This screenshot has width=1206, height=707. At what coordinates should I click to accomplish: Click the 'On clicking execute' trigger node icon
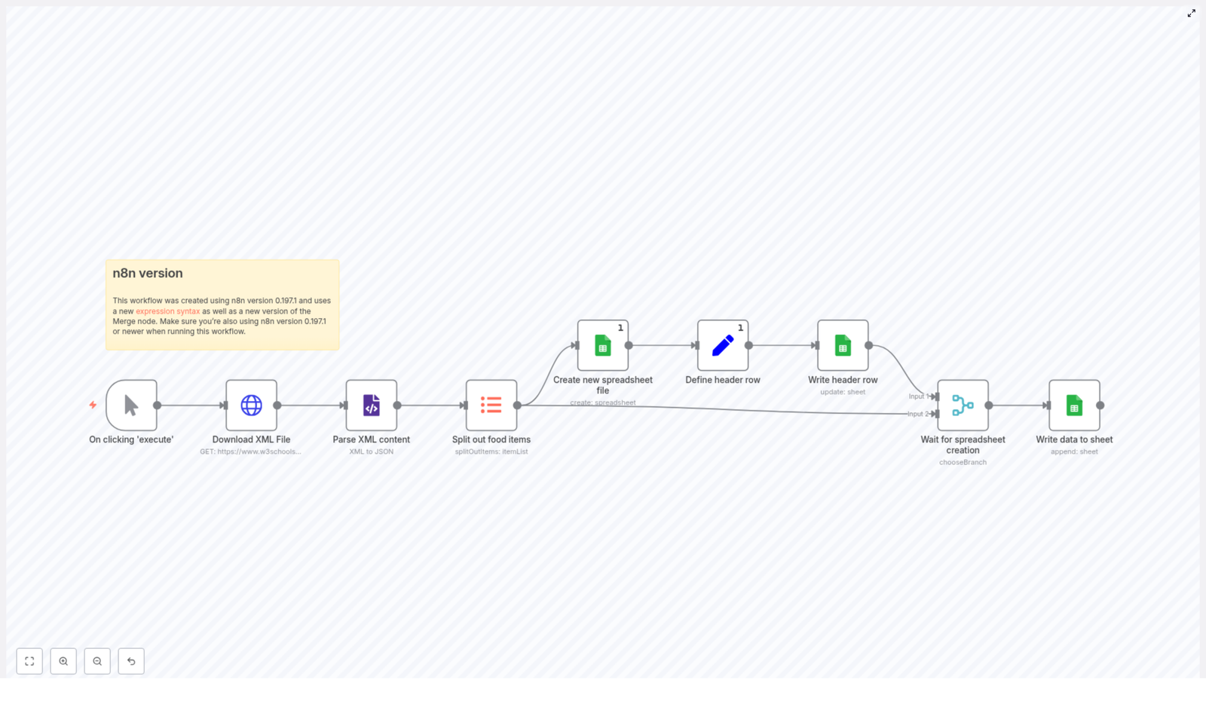[x=131, y=406]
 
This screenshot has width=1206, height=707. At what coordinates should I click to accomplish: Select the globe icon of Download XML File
[x=251, y=406]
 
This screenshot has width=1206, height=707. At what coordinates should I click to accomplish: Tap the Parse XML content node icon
[x=371, y=406]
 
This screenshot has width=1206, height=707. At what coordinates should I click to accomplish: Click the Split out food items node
[x=491, y=406]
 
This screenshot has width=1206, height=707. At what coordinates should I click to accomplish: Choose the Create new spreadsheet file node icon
[x=602, y=345]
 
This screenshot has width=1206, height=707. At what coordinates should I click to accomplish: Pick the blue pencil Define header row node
[x=722, y=345]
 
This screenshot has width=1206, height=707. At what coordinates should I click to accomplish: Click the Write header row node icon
[x=843, y=345]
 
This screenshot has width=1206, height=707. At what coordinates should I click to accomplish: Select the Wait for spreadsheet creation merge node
[x=963, y=406]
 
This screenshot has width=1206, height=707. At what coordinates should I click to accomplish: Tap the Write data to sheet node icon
[x=1074, y=406]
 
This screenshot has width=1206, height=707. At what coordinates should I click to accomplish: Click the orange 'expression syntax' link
[x=167, y=311]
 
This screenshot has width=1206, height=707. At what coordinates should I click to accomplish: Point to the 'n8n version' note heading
[x=148, y=274]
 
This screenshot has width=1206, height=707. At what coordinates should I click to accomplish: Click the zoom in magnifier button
[x=63, y=661]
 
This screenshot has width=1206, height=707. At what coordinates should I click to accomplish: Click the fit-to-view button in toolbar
[x=29, y=661]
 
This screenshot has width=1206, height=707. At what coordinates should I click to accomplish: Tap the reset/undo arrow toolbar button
[x=131, y=661]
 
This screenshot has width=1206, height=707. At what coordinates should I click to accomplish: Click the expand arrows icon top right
[x=1191, y=14]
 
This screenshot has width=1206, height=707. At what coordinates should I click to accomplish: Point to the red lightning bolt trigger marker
[x=93, y=405]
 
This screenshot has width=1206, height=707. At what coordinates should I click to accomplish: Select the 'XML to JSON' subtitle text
[x=371, y=451]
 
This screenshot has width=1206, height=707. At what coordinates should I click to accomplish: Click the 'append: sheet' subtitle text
[x=1074, y=451]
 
